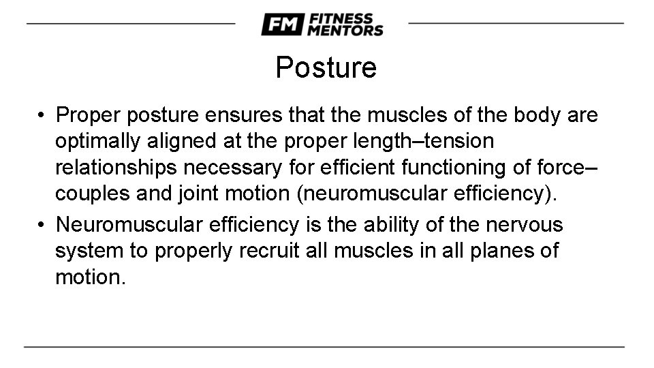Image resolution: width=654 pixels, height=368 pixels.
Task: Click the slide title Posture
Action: [x=326, y=67]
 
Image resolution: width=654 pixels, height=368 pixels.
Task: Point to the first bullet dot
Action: [x=42, y=116]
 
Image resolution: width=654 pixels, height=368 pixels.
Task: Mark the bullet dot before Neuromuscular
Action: [x=42, y=224]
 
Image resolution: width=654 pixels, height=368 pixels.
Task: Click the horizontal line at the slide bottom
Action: [x=324, y=347]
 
